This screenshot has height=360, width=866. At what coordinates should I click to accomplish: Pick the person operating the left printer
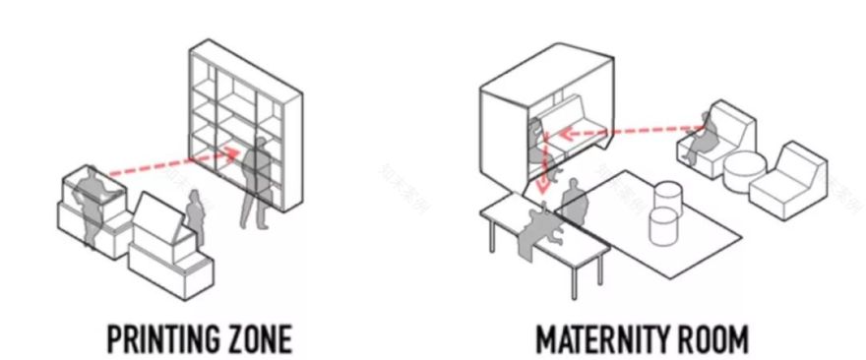(93, 205)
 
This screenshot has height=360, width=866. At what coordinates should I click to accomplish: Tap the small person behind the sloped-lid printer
(195, 215)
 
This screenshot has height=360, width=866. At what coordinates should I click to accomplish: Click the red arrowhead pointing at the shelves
(232, 152)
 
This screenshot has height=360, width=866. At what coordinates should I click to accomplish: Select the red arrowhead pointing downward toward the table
(544, 186)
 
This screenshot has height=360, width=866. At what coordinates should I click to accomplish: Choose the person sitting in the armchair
(702, 137)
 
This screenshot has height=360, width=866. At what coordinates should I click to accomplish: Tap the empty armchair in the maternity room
(788, 181)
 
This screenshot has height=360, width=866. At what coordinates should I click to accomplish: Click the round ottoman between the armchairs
(745, 172)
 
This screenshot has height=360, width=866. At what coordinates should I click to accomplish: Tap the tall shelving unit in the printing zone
(246, 125)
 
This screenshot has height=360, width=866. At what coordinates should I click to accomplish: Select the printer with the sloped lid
(170, 246)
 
